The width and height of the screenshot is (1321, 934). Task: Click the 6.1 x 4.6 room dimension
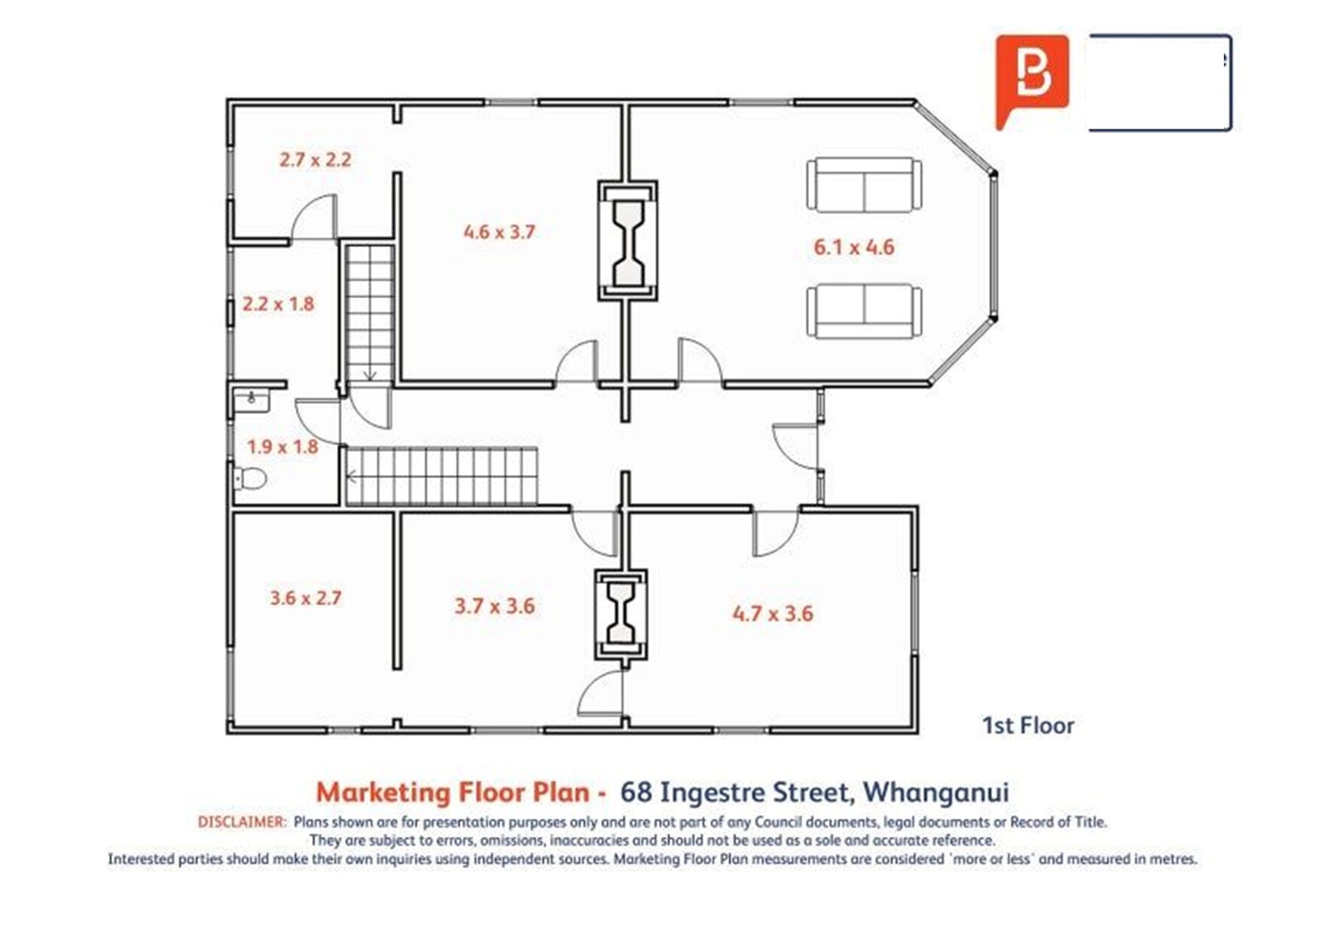pyautogui.click(x=853, y=247)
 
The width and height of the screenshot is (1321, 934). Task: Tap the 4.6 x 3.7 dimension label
pyautogui.click(x=499, y=231)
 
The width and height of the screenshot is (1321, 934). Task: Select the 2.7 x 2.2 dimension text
pyautogui.click(x=315, y=160)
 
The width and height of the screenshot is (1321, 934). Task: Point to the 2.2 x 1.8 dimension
pyautogui.click(x=278, y=304)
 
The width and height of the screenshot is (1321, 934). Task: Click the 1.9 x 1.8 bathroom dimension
pyautogui.click(x=282, y=447)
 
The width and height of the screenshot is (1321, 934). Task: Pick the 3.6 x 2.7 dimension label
pyautogui.click(x=306, y=598)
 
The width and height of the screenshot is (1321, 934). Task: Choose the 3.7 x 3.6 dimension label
pyautogui.click(x=494, y=606)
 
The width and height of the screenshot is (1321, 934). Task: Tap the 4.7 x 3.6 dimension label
pyautogui.click(x=773, y=614)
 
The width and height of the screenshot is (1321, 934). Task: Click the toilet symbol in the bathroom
pyautogui.click(x=250, y=478)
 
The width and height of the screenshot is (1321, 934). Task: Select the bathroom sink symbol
pyautogui.click(x=251, y=399)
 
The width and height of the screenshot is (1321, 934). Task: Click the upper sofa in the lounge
pyautogui.click(x=864, y=185)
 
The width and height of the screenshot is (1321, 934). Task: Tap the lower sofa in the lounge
pyautogui.click(x=864, y=311)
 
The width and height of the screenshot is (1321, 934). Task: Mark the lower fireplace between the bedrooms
pyautogui.click(x=621, y=615)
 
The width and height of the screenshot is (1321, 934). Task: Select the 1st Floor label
pyautogui.click(x=1028, y=725)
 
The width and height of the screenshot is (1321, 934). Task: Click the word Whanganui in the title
pyautogui.click(x=935, y=792)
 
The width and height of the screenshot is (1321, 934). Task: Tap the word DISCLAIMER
pyautogui.click(x=242, y=822)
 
